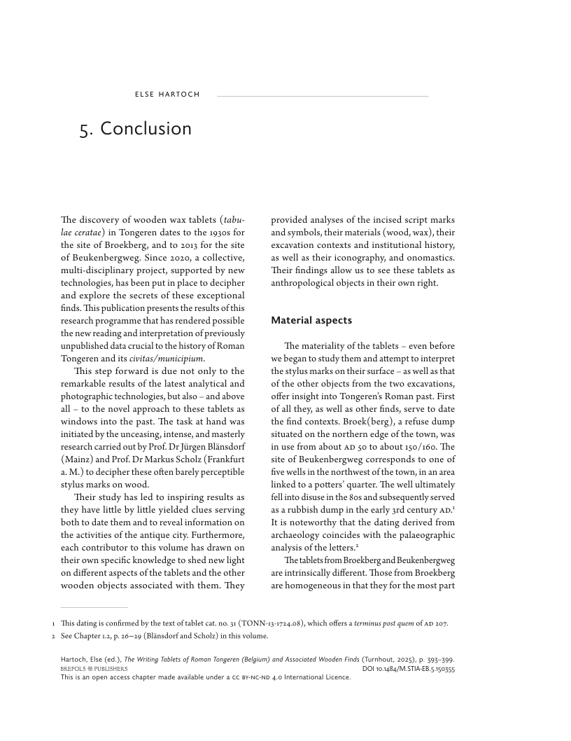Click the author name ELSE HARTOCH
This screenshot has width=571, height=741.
167,95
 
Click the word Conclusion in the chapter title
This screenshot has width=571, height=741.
146,129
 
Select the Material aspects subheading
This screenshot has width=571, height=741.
311,320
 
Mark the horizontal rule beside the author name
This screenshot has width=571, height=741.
323,96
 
